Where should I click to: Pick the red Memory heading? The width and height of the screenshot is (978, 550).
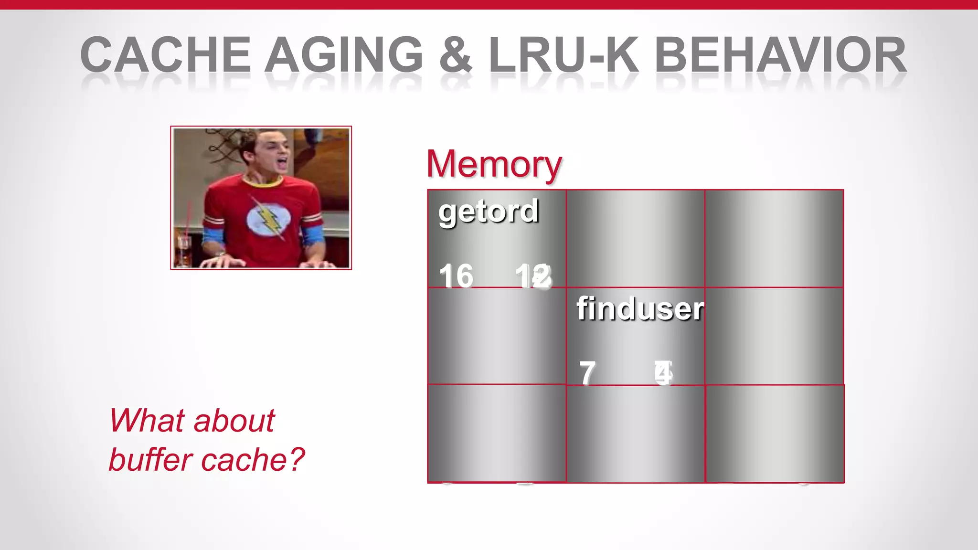pos(494,164)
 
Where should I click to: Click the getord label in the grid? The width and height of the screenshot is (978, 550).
pos(489,211)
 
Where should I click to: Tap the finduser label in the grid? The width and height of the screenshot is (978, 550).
pos(640,309)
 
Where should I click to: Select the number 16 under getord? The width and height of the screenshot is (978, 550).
pos(456,276)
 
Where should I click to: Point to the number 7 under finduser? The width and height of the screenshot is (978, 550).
pos(587,373)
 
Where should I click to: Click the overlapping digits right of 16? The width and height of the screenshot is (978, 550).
pos(533,276)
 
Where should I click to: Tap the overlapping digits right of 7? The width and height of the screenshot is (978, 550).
pos(663,373)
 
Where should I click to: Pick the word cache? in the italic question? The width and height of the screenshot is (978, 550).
pos(253,460)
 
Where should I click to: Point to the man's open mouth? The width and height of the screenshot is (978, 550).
pos(282,164)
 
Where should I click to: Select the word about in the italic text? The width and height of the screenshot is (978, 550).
pos(234,421)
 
